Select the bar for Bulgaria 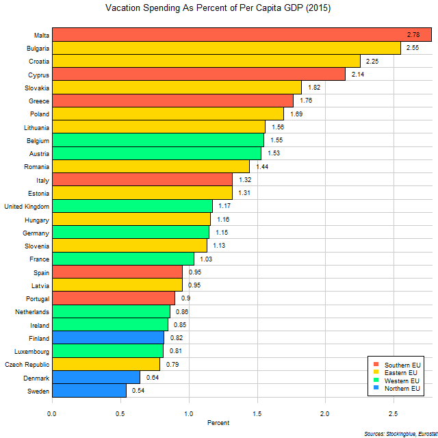(x=226, y=48)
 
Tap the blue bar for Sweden (x=89, y=390)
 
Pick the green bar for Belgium (x=157, y=140)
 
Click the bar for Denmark (x=96, y=377)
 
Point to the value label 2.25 (x=373, y=62)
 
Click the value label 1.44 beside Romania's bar (x=262, y=166)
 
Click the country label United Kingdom (x=26, y=206)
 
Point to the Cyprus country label (x=38, y=75)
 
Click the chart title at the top (x=219, y=10)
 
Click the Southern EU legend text (x=402, y=363)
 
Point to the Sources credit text (x=398, y=434)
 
